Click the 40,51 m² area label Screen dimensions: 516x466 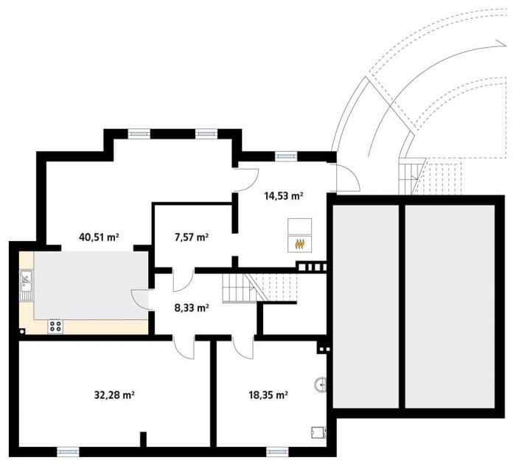click(x=99, y=237)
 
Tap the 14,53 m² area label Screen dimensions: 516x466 click(x=284, y=196)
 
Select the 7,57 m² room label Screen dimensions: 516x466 click(x=192, y=237)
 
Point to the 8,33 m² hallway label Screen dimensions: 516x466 click(x=192, y=308)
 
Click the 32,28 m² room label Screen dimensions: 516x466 click(x=114, y=394)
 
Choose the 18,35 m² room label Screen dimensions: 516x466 click(x=268, y=394)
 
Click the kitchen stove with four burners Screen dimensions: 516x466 click(x=55, y=326)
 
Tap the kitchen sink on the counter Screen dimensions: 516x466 click(x=27, y=285)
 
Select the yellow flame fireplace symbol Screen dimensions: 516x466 click(x=299, y=244)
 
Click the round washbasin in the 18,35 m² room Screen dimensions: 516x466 click(x=321, y=385)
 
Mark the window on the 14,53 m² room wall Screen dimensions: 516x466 click(x=286, y=156)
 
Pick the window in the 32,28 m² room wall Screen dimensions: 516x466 click(x=68, y=451)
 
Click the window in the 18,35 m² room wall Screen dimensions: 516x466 click(x=277, y=451)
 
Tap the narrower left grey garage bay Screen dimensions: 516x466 click(x=366, y=307)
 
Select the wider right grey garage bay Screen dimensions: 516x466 click(x=450, y=307)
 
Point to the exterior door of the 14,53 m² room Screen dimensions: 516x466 click(x=347, y=177)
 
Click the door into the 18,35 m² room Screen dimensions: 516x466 click(x=243, y=348)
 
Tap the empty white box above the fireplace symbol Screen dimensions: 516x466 click(x=299, y=226)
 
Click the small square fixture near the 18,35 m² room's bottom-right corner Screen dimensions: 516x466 click(x=319, y=432)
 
